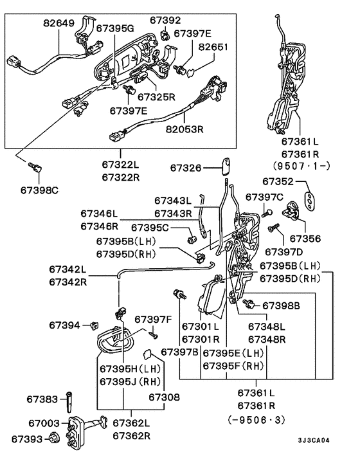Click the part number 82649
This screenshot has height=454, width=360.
pyautogui.click(x=59, y=23)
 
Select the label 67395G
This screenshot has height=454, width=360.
pyautogui.click(x=115, y=28)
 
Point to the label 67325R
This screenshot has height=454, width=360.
pyautogui.click(x=154, y=96)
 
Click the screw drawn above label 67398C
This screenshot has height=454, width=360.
pyautogui.click(x=35, y=168)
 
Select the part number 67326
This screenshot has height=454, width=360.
pyautogui.click(x=187, y=168)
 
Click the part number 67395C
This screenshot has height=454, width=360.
pyautogui.click(x=150, y=227)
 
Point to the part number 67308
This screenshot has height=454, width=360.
pyautogui.click(x=165, y=398)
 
